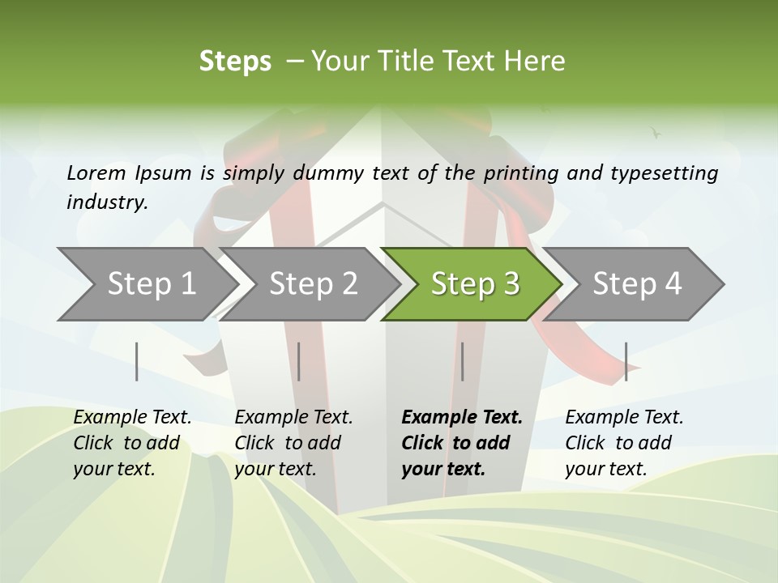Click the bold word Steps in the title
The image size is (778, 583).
[235, 62]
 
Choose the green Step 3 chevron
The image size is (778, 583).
[475, 284]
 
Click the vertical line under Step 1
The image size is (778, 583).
[137, 361]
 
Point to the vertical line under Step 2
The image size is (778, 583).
[299, 361]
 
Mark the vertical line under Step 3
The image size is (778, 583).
[462, 361]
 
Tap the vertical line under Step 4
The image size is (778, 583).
[626, 361]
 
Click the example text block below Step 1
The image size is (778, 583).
[132, 443]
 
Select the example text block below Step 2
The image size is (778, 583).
[293, 443]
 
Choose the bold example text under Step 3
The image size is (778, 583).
[462, 443]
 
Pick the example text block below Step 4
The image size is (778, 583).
[624, 443]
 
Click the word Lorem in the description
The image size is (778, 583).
[96, 172]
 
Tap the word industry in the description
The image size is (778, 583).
[107, 202]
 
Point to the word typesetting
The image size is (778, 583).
[670, 172]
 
